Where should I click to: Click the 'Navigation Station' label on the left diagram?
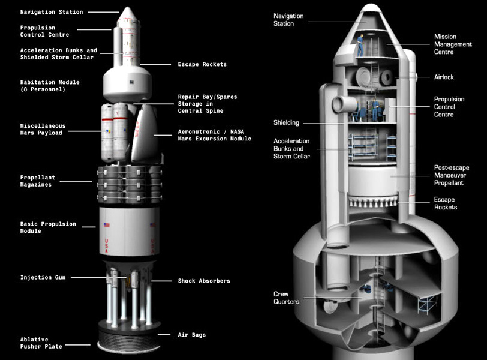click(x=52, y=12)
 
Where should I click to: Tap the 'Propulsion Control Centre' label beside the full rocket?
click(x=41, y=31)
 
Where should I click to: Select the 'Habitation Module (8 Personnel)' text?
click(x=50, y=86)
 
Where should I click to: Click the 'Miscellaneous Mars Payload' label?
click(x=42, y=129)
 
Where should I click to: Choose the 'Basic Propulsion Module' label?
click(x=48, y=227)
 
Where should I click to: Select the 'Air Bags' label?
click(x=191, y=335)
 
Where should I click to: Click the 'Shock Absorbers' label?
click(x=203, y=281)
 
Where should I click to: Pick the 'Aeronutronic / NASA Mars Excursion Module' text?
click(x=214, y=134)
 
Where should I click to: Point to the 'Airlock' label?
click(x=444, y=77)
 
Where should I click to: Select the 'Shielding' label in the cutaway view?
click(x=286, y=123)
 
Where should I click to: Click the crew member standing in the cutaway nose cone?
click(x=360, y=46)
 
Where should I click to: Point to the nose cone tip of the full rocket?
click(x=127, y=10)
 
